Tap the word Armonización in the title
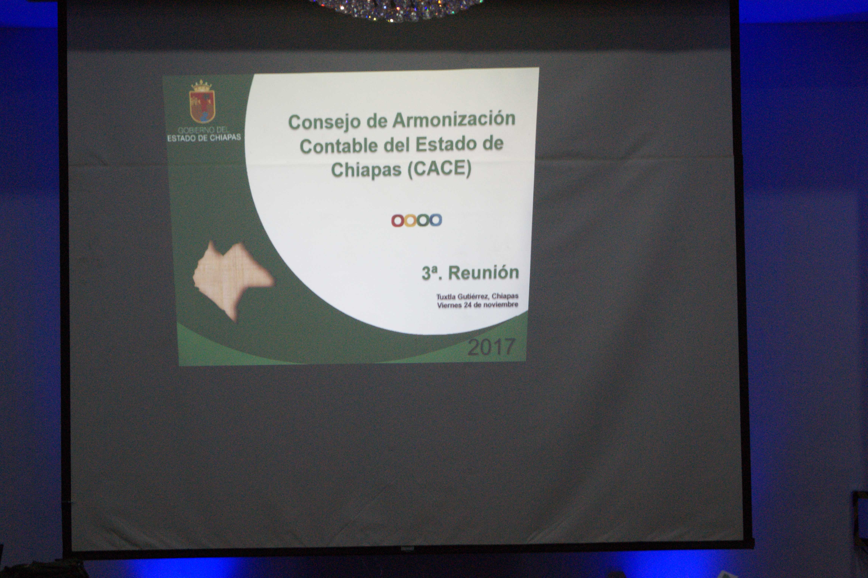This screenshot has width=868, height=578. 454,119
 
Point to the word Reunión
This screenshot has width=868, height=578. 483,273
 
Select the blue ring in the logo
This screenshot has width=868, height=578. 436,220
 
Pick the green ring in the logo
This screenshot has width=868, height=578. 423,220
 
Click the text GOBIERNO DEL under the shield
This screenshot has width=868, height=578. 203,130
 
